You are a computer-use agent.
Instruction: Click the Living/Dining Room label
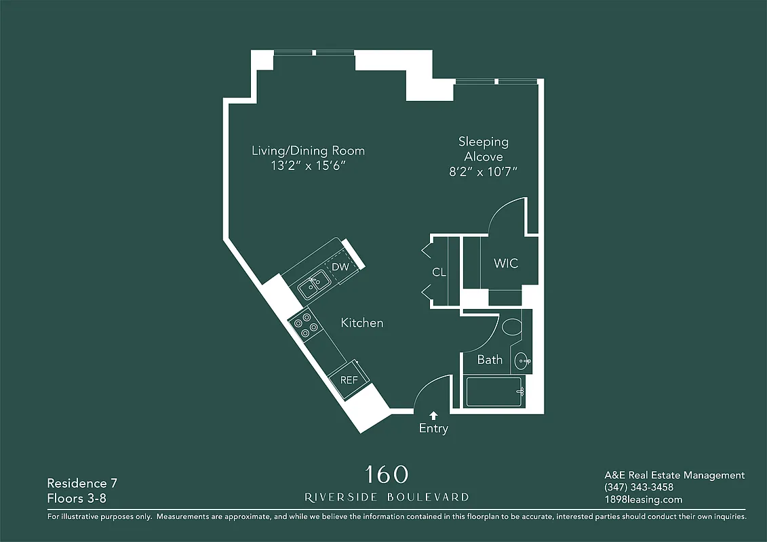click(x=308, y=150)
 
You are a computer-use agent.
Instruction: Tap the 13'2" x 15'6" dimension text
click(x=308, y=165)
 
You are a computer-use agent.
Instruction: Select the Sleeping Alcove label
click(x=483, y=149)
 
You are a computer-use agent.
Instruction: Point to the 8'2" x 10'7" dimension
click(x=483, y=172)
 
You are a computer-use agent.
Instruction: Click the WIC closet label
click(x=506, y=263)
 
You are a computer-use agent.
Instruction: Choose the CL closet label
click(x=439, y=272)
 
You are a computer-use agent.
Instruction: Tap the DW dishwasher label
click(x=340, y=267)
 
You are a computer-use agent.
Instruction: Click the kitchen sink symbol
click(x=313, y=286)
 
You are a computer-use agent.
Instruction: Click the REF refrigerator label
click(x=349, y=380)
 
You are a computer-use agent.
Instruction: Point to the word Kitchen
click(x=361, y=323)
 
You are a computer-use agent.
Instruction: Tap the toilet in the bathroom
click(x=512, y=327)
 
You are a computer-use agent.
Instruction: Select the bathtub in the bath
click(x=494, y=392)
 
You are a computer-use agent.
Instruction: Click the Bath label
click(x=490, y=360)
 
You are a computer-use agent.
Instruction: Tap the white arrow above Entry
click(x=433, y=415)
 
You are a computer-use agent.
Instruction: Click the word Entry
click(x=433, y=429)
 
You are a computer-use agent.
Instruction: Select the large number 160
click(x=387, y=474)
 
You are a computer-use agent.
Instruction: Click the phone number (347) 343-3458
click(x=639, y=488)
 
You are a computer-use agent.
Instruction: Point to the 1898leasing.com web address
click(x=643, y=500)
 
